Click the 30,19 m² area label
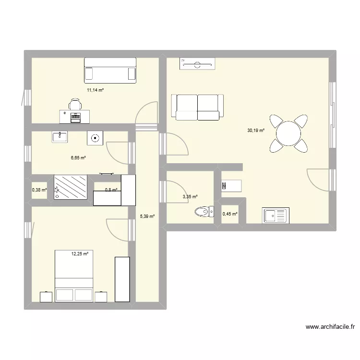(x=256, y=130)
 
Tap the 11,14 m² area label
(x=95, y=90)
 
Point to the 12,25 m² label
(x=80, y=253)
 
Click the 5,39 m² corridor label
(x=147, y=216)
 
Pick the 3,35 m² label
(x=190, y=196)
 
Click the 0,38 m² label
(x=39, y=190)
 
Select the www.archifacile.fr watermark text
(x=330, y=327)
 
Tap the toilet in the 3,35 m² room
(x=204, y=211)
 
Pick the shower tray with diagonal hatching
(x=71, y=187)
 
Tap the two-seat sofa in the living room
(x=198, y=107)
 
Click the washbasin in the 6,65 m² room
(x=60, y=137)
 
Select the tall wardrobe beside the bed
(x=122, y=279)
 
